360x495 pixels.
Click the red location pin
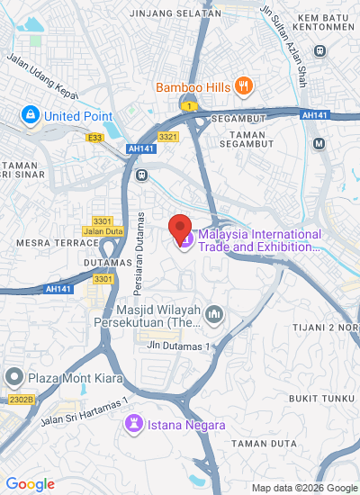click(182, 228)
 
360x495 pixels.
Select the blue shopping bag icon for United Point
click(31, 116)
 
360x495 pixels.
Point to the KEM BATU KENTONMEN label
click(334, 23)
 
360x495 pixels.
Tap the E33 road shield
click(94, 137)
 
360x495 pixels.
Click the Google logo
click(30, 484)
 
